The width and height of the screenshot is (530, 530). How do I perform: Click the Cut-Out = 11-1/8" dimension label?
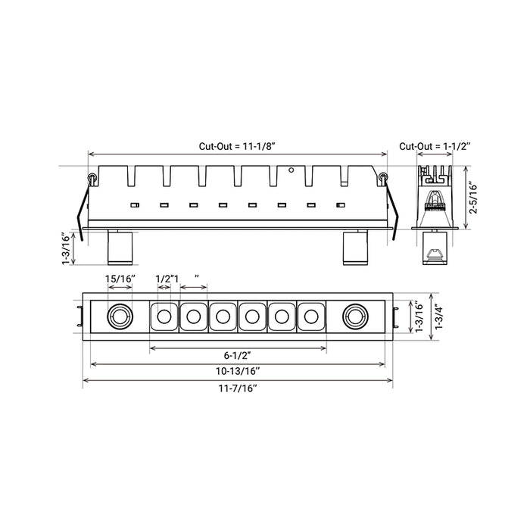(237, 146)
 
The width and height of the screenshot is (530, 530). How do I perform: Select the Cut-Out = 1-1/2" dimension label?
(435, 146)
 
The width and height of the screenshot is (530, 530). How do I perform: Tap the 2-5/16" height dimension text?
(472, 198)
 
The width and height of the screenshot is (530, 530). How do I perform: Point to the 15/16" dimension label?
(120, 279)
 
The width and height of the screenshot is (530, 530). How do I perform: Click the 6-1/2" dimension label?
(238, 355)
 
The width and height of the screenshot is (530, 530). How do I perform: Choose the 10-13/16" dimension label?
(238, 371)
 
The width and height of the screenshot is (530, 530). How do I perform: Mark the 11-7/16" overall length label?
(238, 388)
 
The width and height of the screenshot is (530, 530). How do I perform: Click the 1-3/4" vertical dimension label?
(438, 316)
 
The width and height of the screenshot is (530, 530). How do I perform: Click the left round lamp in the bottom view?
(120, 316)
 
